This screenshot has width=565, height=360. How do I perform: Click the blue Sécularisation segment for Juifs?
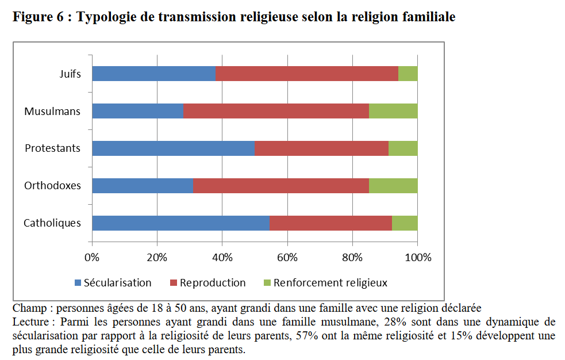[153, 74]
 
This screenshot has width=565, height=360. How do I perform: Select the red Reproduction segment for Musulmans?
[276, 111]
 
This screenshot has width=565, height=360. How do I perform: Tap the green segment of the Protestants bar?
[403, 148]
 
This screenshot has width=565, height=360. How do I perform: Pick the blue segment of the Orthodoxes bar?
[142, 186]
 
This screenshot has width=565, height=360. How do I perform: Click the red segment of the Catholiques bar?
[330, 223]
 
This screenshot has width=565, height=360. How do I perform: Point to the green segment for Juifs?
[408, 74]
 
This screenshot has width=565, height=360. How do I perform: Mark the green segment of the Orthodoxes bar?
[393, 186]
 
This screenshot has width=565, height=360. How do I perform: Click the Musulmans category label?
[52, 112]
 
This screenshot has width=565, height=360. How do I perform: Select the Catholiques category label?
[52, 223]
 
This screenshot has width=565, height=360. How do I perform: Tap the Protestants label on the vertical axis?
[52, 148]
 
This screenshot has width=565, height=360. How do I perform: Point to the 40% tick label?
[222, 257]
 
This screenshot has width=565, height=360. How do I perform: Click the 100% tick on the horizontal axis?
[417, 257]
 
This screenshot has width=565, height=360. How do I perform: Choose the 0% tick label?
[92, 257]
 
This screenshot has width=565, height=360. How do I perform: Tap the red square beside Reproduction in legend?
[174, 283]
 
